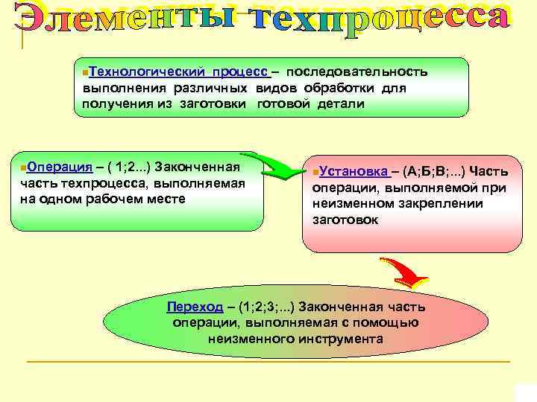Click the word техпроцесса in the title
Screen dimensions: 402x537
(x=380, y=22)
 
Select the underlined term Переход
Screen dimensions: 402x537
(x=195, y=307)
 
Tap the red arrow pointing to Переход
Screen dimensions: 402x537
(x=403, y=272)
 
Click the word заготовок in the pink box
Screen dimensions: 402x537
(x=345, y=220)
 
